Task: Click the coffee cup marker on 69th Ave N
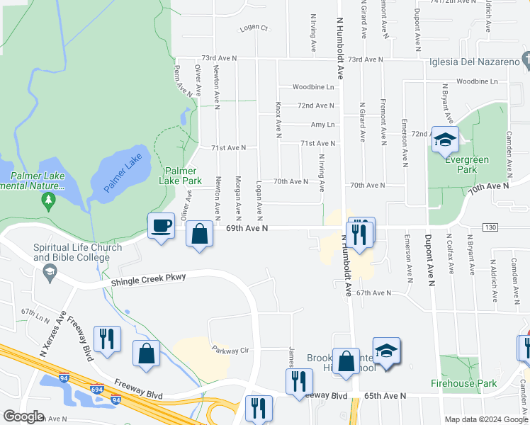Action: click(162, 226)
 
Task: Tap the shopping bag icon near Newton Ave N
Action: click(201, 234)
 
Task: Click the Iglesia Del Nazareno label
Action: click(475, 62)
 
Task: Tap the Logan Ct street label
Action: click(254, 28)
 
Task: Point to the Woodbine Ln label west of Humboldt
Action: click(313, 87)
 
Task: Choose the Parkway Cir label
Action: click(231, 349)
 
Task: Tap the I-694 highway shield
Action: click(97, 388)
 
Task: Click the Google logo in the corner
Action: click(23, 416)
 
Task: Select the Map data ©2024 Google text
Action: click(485, 419)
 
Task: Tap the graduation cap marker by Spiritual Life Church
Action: click(50, 273)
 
